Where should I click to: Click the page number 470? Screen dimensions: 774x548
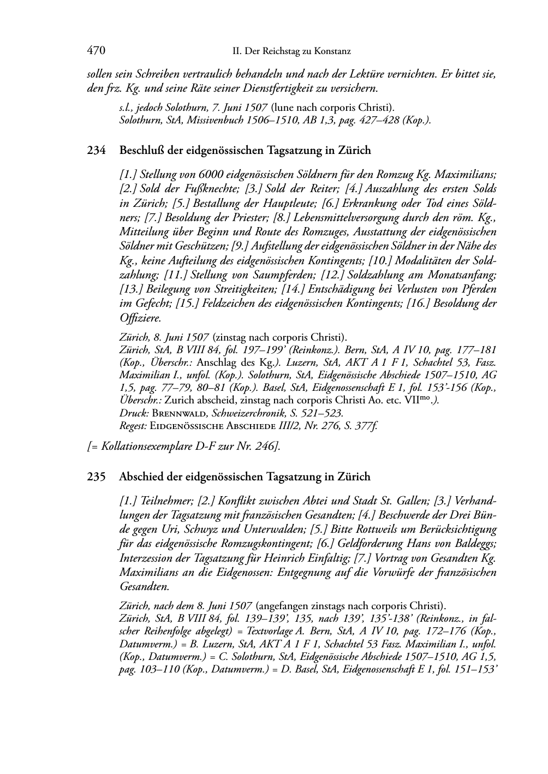[96, 51]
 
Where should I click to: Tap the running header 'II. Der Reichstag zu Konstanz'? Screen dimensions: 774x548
[291, 51]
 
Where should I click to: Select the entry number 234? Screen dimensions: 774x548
[96, 150]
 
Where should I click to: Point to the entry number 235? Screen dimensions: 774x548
[96, 477]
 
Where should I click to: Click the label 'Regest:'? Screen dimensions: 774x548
[133, 426]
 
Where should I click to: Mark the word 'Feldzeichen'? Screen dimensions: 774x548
[230, 303]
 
